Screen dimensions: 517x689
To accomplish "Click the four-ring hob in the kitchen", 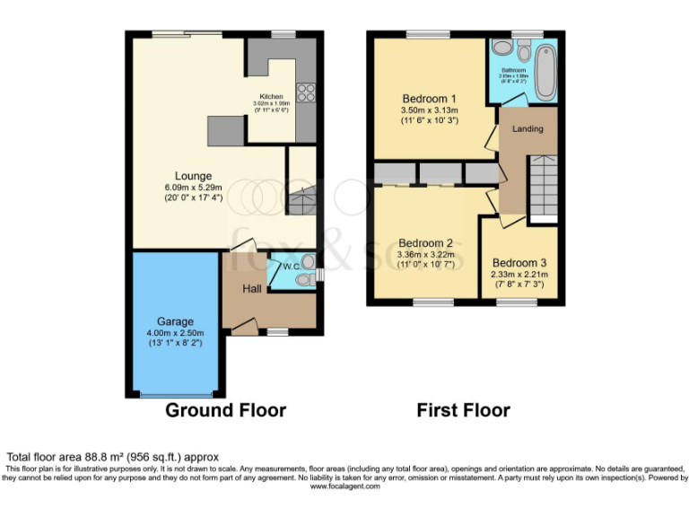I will click(x=304, y=92).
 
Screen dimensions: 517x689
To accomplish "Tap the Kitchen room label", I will click(x=271, y=97).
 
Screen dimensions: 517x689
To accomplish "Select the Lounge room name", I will click(x=193, y=176).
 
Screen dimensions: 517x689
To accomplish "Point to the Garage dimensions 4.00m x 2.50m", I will click(x=175, y=333).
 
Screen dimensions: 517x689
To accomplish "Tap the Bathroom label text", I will click(x=513, y=69).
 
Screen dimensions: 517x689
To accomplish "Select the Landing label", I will click(x=528, y=129).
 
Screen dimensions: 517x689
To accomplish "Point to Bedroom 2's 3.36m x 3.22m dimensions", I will click(x=426, y=255).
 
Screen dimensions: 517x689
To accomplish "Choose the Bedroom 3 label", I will click(x=517, y=263).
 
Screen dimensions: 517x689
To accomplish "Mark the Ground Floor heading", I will click(x=226, y=410).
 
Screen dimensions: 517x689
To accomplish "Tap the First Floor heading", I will click(x=463, y=410).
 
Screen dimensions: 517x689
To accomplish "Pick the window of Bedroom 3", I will click(x=517, y=303).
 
